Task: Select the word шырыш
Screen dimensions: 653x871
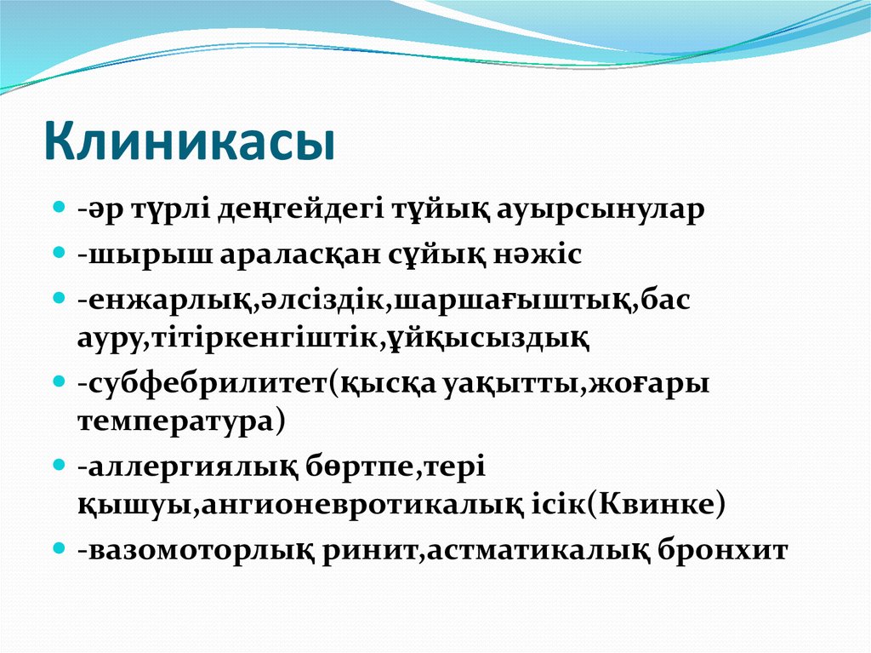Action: (x=122, y=255)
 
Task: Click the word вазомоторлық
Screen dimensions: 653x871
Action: (x=197, y=550)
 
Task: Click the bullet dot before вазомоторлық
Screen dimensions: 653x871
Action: (x=60, y=547)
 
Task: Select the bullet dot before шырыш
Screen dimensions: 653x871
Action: (x=60, y=253)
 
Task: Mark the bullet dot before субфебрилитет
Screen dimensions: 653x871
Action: (x=60, y=382)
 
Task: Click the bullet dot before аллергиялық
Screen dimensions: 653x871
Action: (x=60, y=466)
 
